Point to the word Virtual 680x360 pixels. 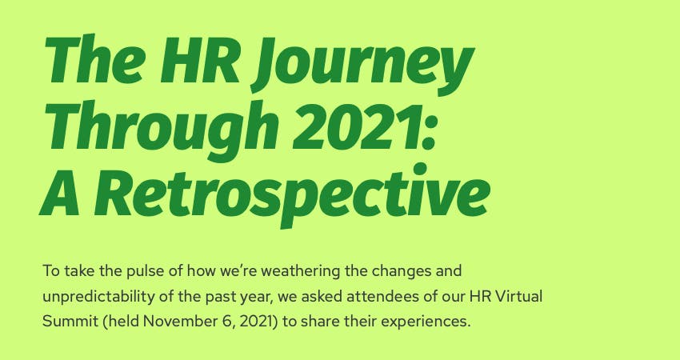(517, 295)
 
